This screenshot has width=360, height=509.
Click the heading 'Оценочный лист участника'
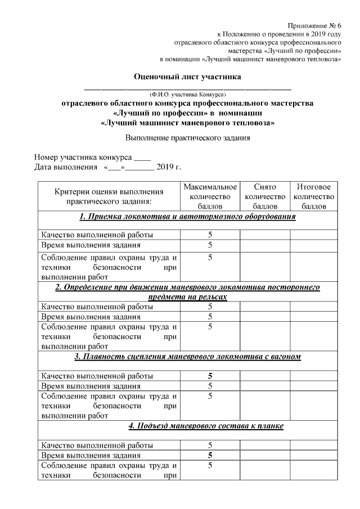pos(187,76)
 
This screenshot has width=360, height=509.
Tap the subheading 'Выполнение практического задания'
pos(187,137)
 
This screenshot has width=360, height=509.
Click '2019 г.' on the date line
pos(169,168)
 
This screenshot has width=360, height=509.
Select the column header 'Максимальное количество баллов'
pos(210,196)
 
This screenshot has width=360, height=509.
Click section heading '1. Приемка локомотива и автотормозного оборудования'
pos(187,217)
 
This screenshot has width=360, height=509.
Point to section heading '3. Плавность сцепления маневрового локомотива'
pos(187,357)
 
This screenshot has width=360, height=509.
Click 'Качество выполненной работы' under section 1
pos(97,235)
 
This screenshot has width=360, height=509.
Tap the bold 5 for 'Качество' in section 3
pos(210,375)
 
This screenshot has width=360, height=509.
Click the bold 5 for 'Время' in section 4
pos(210,455)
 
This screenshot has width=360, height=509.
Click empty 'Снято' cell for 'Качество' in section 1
pos(265,235)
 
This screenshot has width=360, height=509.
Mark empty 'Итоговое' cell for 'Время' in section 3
pos(313,386)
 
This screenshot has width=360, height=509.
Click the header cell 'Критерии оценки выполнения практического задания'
pos(109,196)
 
